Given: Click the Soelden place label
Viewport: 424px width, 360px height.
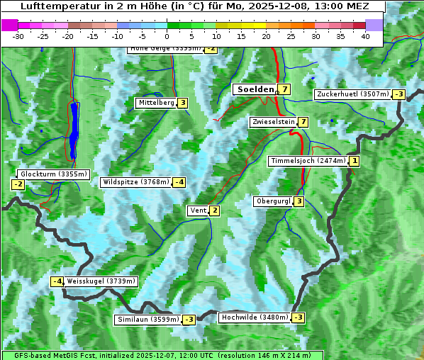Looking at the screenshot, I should pos(255,89).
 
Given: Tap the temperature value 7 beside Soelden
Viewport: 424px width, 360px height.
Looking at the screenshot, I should pos(284,89).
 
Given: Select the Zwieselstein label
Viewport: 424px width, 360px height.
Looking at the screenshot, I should pos(273,122).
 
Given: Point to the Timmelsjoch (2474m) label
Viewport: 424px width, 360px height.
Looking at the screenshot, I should pos(308,161).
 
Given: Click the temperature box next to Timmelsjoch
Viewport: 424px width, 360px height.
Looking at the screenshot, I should pos(355,161).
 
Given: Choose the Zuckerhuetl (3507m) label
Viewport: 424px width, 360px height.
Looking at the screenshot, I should pos(353,94).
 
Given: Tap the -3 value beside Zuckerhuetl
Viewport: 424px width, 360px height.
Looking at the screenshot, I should pos(399,94).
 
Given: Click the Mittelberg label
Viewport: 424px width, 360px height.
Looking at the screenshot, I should pos(156,103).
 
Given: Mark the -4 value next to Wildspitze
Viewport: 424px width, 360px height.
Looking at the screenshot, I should pos(179,182).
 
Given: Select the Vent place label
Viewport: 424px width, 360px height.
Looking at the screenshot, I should pos(197,210).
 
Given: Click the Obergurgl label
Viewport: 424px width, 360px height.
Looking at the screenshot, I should pos(273,201).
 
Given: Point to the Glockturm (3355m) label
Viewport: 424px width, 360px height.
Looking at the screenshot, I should pos(53,174).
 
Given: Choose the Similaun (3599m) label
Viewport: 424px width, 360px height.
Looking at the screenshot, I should pos(147,320).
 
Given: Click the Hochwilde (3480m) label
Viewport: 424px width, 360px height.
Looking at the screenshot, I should pos(255,317).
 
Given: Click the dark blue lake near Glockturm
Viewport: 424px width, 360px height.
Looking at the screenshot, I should pos(74,131).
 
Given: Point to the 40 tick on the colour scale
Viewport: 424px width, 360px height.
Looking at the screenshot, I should pos(365,36).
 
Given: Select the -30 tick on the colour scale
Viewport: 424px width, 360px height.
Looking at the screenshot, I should pos(18,36).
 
